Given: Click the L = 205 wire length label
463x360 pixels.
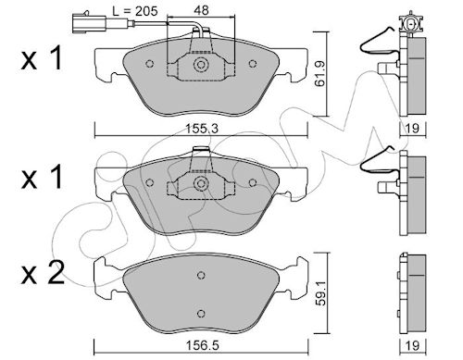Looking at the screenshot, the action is click(x=135, y=11).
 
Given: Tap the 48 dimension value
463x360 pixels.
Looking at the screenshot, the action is click(x=201, y=10).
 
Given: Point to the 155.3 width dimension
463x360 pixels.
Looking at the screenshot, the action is click(x=202, y=129).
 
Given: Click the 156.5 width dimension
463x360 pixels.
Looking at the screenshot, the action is click(x=202, y=345).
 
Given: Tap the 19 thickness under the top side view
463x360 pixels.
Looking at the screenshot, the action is click(x=412, y=129).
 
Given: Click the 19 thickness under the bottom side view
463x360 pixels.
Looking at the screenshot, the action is click(x=412, y=345).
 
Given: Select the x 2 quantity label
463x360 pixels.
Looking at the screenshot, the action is click(x=43, y=273).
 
